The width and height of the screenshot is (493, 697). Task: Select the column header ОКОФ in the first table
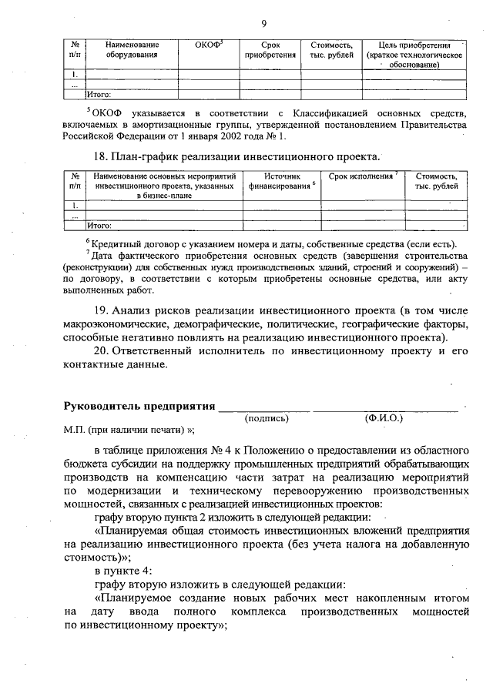click(210, 45)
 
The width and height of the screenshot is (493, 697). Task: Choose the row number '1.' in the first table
click(73, 75)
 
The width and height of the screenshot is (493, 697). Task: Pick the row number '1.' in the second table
click(73, 206)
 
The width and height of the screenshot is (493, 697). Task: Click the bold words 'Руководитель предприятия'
click(138, 405)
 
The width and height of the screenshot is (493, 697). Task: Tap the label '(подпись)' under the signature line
click(266, 418)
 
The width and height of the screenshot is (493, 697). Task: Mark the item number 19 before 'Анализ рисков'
click(103, 310)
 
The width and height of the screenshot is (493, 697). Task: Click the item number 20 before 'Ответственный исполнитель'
click(103, 351)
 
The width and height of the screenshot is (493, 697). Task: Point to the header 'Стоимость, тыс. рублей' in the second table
click(436, 181)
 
